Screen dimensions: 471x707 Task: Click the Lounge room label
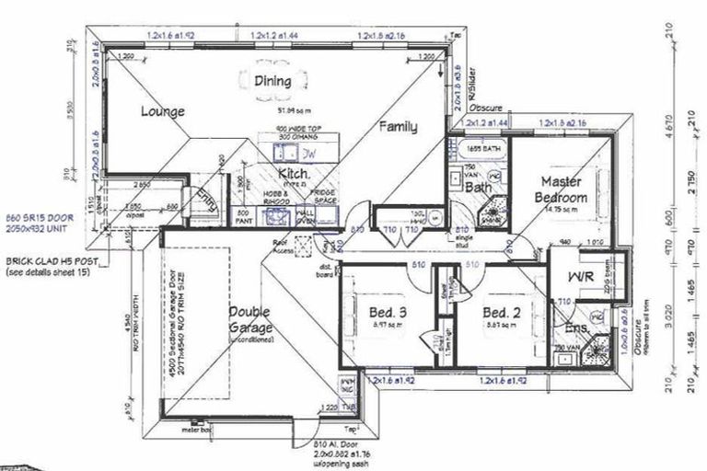click(163, 111)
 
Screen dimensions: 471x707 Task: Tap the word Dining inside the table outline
click(272, 81)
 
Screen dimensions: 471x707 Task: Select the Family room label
click(396, 128)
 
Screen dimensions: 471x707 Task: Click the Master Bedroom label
click(562, 190)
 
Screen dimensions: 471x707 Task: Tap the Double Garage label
click(249, 318)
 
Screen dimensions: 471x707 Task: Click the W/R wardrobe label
click(580, 275)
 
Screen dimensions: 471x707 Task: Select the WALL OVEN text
click(305, 217)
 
